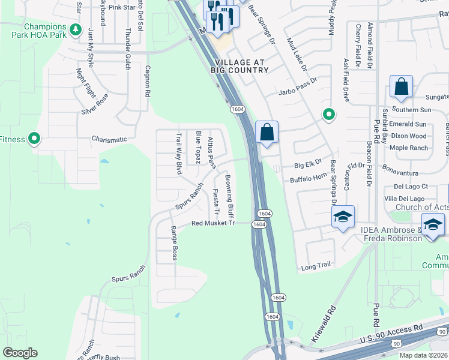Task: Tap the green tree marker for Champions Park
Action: coord(75,29)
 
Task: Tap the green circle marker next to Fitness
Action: coord(34,139)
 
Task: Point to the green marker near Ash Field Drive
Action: coord(328,113)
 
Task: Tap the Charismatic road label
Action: coord(109,140)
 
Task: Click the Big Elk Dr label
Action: coord(308,163)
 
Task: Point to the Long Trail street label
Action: coord(316,265)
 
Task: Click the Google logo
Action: coord(20,353)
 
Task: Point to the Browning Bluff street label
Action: coord(229,196)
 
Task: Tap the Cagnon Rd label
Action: coord(146,82)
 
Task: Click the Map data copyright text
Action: coord(424,355)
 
